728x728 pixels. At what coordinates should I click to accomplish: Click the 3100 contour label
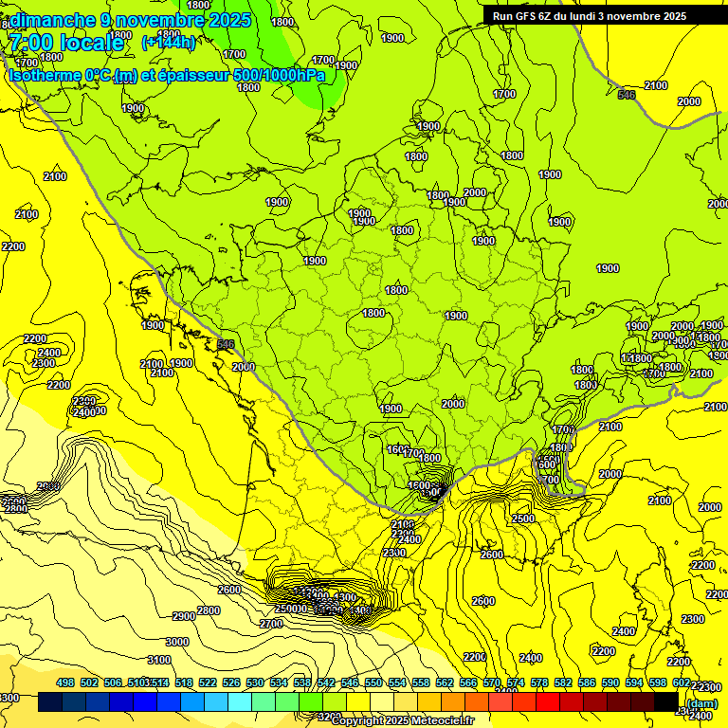pos(160,660)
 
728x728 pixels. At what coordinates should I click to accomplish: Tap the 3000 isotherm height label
pos(176,642)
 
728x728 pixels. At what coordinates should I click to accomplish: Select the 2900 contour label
pos(184,616)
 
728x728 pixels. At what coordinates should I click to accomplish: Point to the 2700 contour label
pos(271,624)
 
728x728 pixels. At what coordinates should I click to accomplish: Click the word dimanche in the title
pos(53,20)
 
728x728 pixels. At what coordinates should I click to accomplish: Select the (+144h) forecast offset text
pos(168,43)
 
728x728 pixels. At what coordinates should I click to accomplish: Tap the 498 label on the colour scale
pos(65,682)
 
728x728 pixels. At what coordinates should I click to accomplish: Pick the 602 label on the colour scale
pos(681,682)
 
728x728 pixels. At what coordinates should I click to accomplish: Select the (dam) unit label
pos(701,702)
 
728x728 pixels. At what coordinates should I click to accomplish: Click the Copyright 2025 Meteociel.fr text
pos(403,720)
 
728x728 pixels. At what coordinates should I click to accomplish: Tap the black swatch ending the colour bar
pos(665,702)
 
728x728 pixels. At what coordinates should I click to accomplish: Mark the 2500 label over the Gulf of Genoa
pos(522,519)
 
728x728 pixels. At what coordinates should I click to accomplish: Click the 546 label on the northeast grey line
pos(627,95)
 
